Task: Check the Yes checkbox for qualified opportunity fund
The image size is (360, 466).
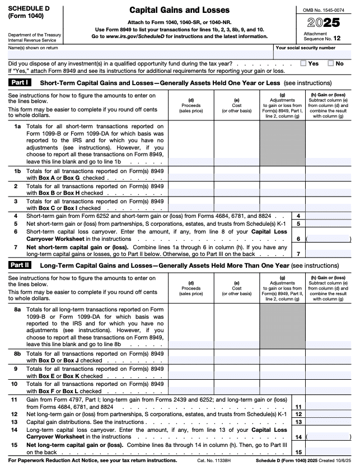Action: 303,64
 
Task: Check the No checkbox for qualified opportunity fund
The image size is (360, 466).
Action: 331,64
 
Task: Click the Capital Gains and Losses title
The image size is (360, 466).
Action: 179,11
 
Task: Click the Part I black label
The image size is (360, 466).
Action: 21,82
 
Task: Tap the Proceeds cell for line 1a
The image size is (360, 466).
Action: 191,143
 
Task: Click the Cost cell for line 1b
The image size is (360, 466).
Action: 237,173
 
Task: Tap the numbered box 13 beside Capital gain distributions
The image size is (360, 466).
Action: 298,422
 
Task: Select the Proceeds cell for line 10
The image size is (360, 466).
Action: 191,387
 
